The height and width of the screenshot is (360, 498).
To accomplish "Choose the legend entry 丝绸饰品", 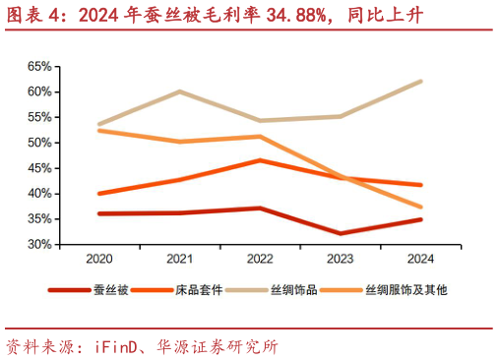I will point(307,290).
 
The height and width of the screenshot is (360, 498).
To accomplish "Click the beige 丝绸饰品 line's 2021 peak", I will point(179,91).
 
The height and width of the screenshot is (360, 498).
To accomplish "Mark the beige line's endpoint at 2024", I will point(421,81).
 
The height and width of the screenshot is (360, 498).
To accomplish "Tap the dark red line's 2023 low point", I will point(341,233).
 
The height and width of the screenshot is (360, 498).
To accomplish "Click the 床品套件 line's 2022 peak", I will point(260,159).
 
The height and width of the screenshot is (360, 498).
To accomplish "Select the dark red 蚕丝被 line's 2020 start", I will point(99,213).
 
